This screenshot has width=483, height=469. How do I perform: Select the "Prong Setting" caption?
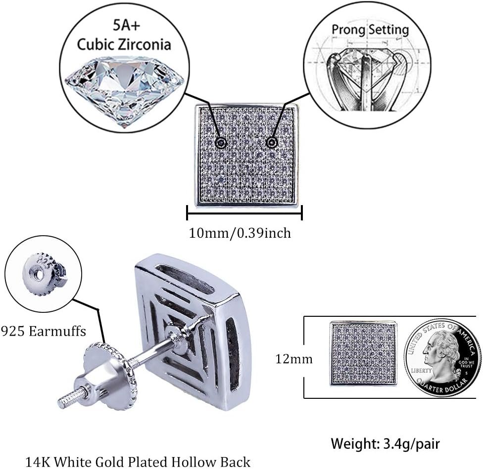[370, 29]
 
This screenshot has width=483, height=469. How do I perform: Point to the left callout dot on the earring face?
[221, 143]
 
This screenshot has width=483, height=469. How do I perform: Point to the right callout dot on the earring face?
[271, 142]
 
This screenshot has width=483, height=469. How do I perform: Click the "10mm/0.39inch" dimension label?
[240, 233]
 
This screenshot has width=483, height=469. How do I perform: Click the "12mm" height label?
[294, 359]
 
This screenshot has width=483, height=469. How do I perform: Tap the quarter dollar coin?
[442, 357]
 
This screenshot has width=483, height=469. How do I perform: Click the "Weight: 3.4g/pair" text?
[385, 443]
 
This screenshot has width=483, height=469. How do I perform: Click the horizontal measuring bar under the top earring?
[244, 213]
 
